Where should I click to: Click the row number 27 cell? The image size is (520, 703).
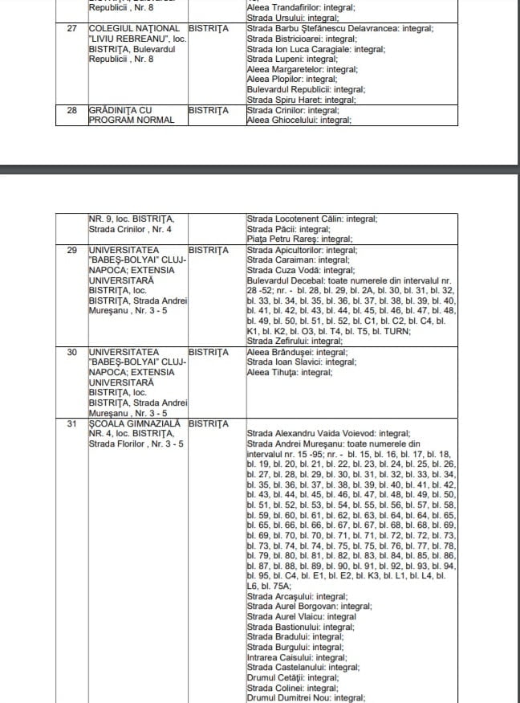[71, 29]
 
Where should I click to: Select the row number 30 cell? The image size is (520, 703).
[71, 352]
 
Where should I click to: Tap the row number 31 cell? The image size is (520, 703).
[71, 423]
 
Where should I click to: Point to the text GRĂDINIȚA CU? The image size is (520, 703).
[120, 110]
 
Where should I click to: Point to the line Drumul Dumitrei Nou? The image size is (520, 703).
[305, 697]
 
